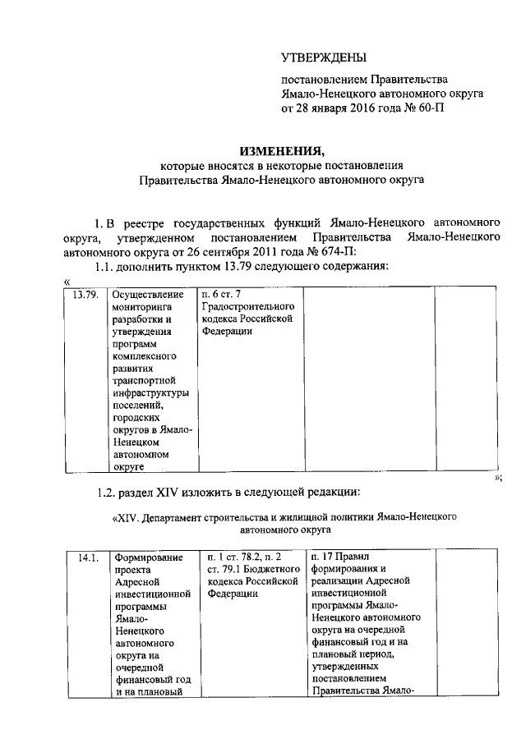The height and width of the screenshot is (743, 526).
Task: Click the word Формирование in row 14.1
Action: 148,558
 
